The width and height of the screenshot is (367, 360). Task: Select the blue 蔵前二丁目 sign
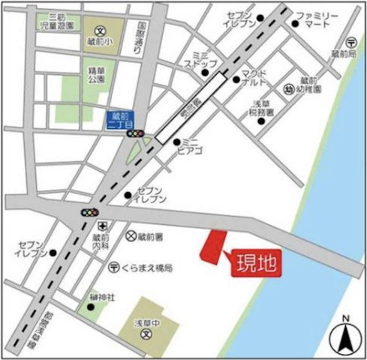point(120,119)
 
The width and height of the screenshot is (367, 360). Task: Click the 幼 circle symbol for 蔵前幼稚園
point(288,88)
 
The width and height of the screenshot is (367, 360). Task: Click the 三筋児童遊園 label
point(56,20)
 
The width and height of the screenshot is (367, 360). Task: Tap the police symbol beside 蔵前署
point(132,235)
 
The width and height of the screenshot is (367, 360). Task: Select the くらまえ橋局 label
point(148,267)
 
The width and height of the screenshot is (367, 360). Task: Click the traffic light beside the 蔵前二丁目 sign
point(136,133)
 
